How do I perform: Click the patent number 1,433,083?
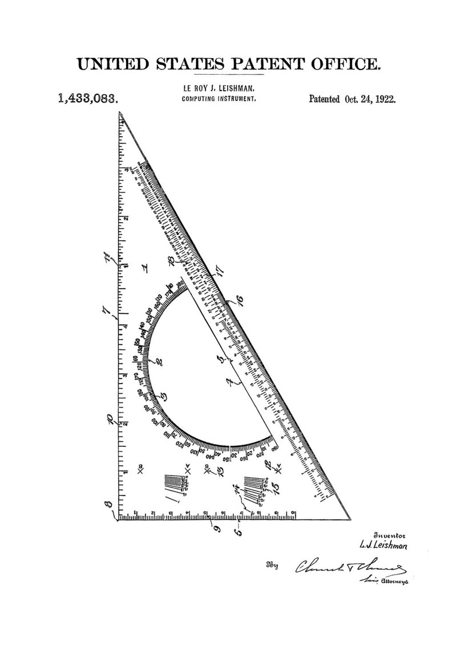pos(88,98)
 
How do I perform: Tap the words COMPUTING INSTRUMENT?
pos(219,98)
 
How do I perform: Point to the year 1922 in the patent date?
pos(385,98)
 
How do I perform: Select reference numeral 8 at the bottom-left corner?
pos(108,506)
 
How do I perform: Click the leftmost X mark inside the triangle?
pos(140,471)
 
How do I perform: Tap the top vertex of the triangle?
pos(120,112)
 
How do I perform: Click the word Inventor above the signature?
pos(389,535)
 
